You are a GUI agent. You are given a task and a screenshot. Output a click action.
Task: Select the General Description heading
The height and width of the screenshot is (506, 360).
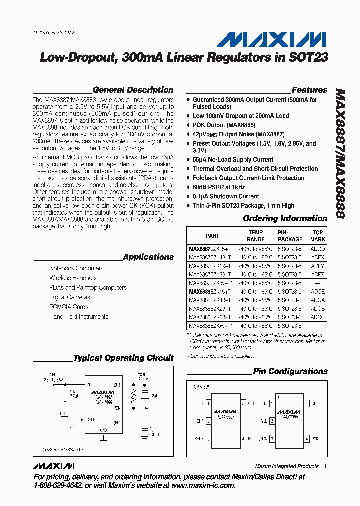coord(133,90)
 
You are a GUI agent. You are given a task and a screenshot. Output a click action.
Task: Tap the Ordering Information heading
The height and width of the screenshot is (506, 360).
coord(285,218)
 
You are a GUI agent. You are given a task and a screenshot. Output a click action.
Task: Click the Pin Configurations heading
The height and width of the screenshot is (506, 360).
coord(290,371)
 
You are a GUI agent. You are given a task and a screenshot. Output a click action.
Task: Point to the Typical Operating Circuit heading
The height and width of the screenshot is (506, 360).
coord(123,358)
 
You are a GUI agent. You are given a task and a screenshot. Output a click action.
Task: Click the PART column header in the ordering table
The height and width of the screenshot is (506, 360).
coord(212,236)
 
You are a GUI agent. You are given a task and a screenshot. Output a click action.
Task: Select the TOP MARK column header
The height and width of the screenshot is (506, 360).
coord(318,236)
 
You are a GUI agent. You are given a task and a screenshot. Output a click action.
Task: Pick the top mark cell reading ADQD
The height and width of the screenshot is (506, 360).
coord(318,248)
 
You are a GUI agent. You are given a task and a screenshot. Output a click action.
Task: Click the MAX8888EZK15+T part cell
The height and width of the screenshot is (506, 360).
coord(210,291)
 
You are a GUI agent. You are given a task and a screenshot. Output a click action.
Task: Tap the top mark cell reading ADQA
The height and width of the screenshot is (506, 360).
coord(318,299)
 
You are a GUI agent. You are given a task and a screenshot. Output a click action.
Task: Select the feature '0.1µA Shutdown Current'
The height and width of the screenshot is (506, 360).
coord(226,196)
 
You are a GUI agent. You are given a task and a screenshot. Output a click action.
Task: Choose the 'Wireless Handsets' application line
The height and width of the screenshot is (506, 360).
coord(73,278)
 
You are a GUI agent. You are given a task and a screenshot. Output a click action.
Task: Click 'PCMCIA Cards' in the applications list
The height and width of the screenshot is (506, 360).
coord(69,307)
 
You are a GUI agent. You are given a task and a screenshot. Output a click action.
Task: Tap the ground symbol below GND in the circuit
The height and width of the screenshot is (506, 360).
coord(104,440)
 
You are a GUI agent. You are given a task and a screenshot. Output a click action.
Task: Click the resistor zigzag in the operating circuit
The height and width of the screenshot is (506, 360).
coord(133,397)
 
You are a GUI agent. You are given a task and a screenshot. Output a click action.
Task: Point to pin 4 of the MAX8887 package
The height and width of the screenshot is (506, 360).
coord(243,439)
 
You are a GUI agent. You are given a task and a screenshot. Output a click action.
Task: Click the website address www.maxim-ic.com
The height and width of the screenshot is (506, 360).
coord(202,485)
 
